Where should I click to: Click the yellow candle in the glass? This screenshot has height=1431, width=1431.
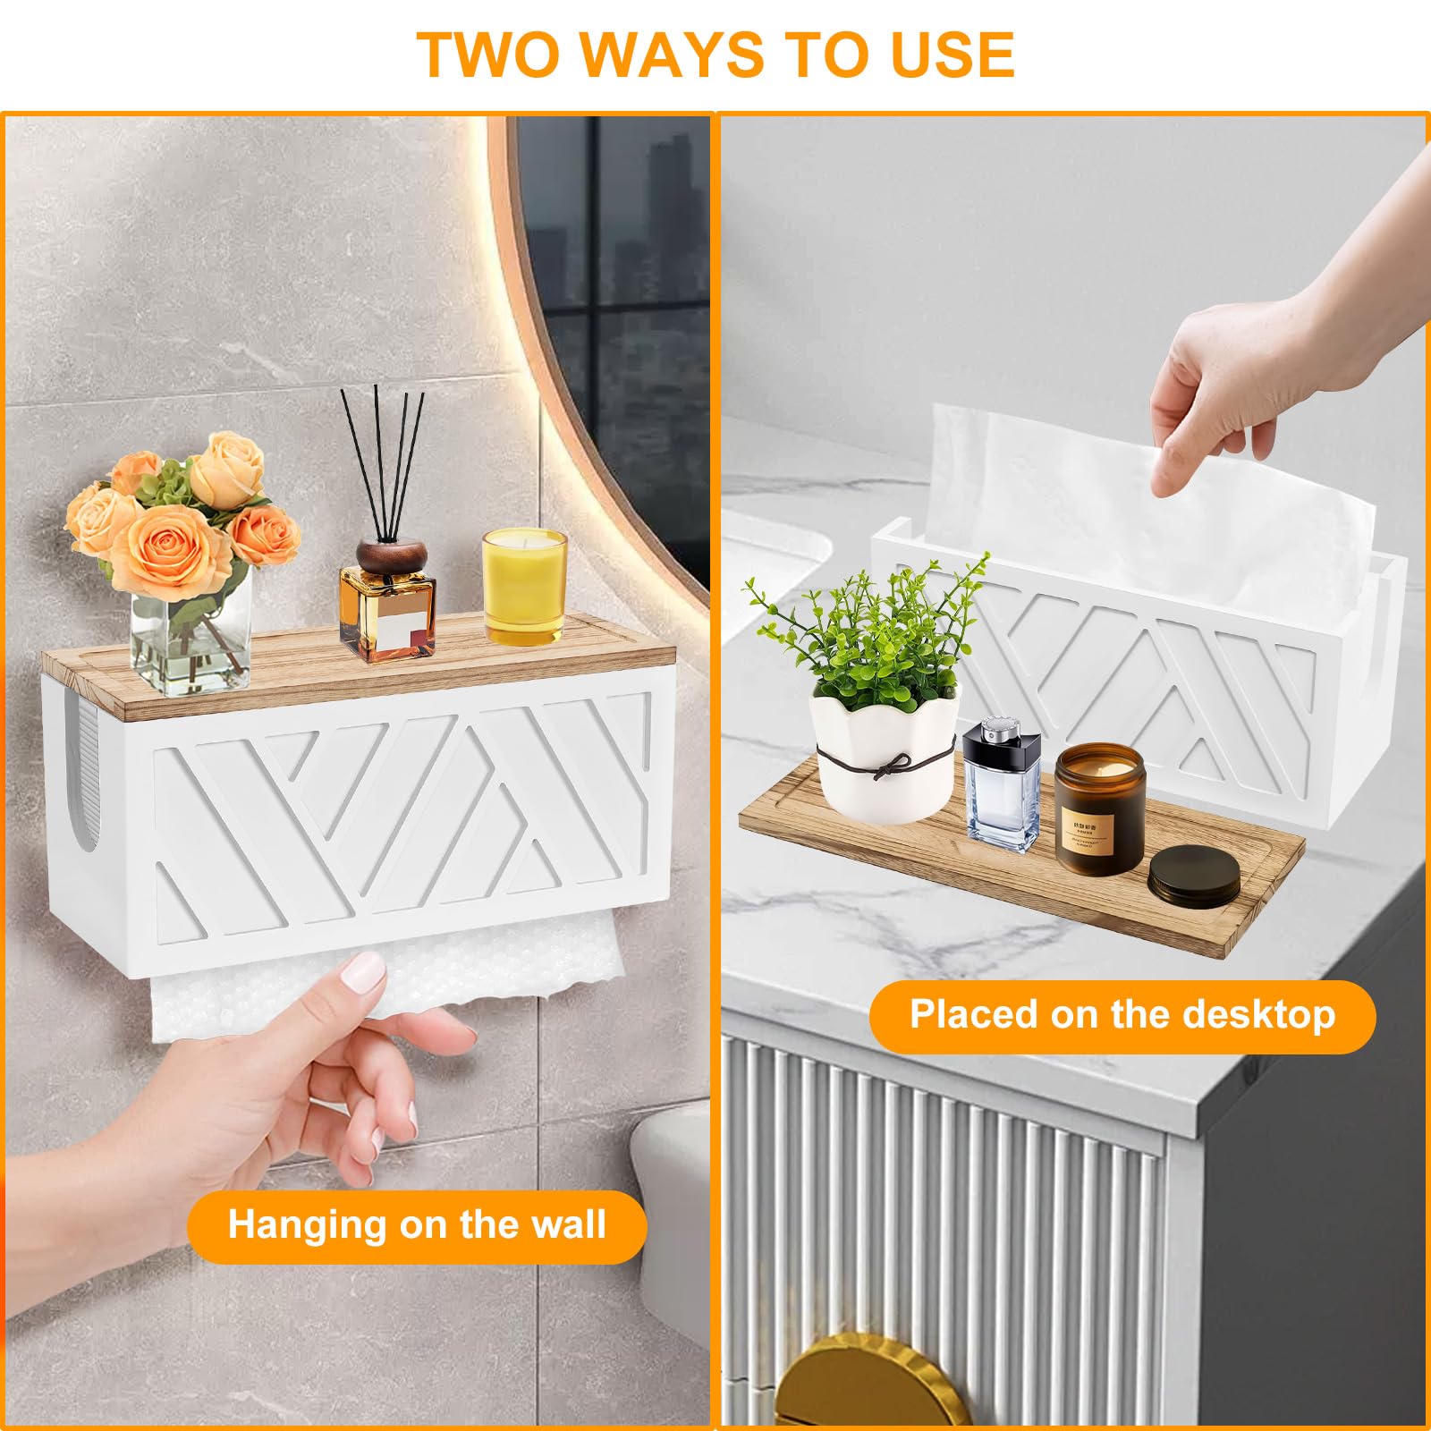(524, 587)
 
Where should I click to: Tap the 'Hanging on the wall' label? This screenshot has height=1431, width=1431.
(417, 1225)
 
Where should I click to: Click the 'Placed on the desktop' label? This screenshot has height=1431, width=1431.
(1122, 1015)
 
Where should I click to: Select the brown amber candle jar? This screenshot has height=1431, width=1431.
(1099, 810)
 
